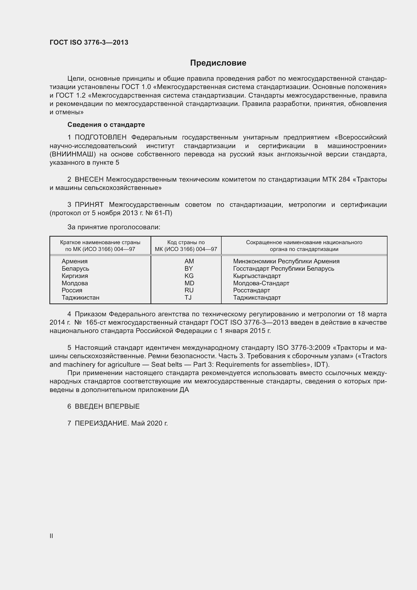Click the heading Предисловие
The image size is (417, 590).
click(x=218, y=63)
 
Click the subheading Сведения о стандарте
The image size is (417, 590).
click(x=106, y=125)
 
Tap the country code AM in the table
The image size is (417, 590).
click(x=189, y=261)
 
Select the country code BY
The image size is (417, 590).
click(x=189, y=269)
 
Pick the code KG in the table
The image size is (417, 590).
click(x=189, y=276)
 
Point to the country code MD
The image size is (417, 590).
click(x=189, y=283)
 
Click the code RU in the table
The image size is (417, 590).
click(x=189, y=290)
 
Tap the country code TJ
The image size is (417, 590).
click(x=188, y=298)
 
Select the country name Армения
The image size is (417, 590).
click(x=74, y=261)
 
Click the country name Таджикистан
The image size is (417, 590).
click(x=80, y=298)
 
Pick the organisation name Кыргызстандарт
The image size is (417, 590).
click(x=257, y=276)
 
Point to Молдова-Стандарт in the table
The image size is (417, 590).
click(x=261, y=283)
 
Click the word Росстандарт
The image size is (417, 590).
click(x=251, y=290)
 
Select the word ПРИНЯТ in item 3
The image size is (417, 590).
click(x=89, y=205)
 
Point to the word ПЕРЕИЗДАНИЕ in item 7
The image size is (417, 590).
click(x=101, y=423)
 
